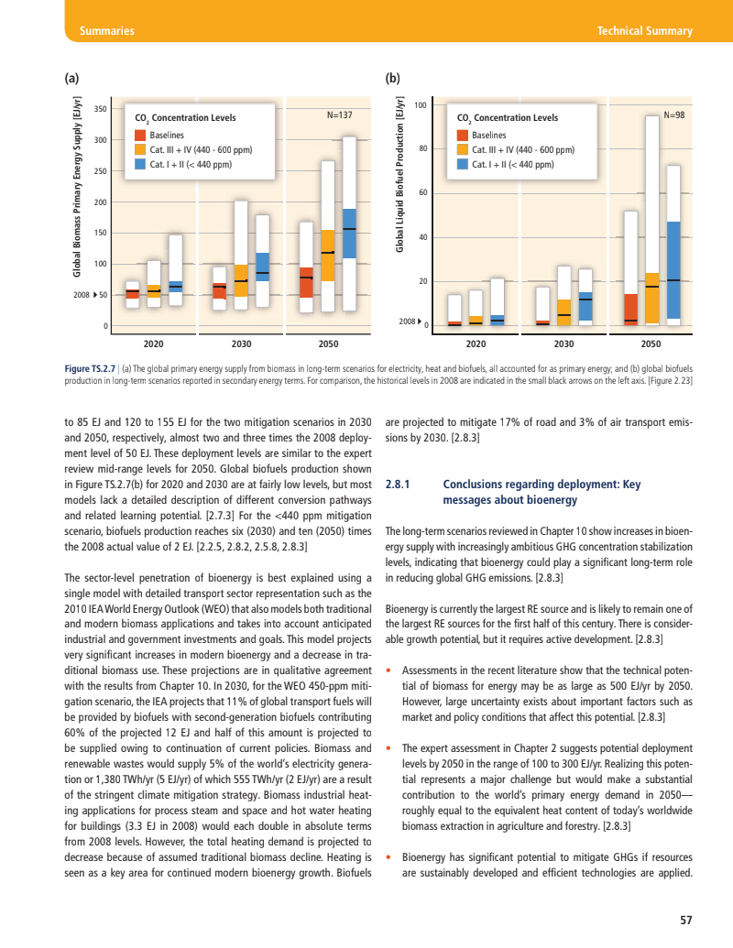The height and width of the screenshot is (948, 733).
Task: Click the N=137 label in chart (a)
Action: point(340,115)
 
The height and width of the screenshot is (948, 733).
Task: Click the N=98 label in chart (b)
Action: point(674,115)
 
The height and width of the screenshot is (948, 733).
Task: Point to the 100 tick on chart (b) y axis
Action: point(421,105)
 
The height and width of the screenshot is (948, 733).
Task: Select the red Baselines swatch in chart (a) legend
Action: point(140,136)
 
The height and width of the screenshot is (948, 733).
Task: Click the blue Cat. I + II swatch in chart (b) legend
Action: point(463,165)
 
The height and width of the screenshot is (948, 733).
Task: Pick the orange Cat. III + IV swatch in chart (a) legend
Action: point(140,150)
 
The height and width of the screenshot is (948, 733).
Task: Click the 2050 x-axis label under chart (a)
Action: point(328,344)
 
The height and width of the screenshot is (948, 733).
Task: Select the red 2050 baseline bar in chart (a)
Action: point(306,282)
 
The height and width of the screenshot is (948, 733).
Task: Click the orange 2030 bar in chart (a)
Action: point(241,280)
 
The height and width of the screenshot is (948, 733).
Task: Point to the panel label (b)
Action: point(393,79)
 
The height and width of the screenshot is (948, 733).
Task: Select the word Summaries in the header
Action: point(107,31)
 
